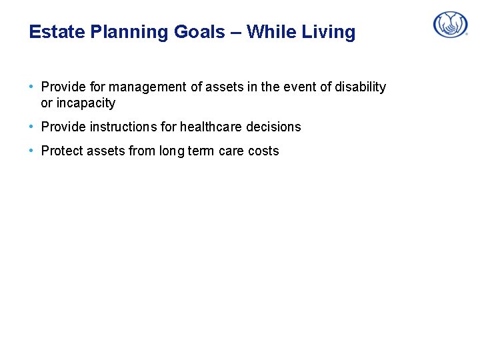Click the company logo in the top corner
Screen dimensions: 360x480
[451, 25]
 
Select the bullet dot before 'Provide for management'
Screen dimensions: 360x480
[32, 87]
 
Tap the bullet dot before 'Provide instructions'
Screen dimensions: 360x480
[32, 127]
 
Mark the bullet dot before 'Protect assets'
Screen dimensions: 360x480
[32, 151]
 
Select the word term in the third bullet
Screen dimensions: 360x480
[202, 151]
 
